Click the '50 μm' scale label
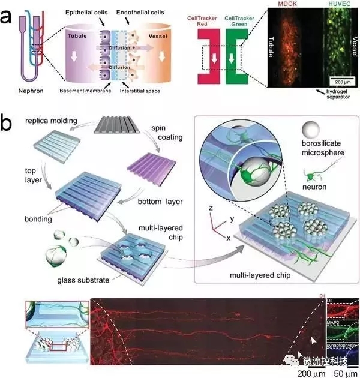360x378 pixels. click(x=345, y=373)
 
